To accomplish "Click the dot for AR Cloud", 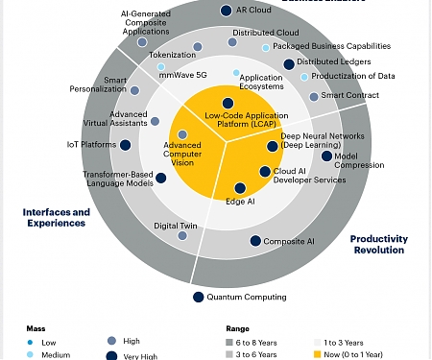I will (x=226, y=11).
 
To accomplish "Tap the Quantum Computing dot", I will (x=198, y=297).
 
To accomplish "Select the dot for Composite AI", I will (x=255, y=242).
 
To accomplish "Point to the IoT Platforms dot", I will (x=126, y=146).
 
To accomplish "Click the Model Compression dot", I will (x=327, y=156).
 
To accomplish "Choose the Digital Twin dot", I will (x=182, y=235).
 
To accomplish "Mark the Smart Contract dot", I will (x=314, y=96).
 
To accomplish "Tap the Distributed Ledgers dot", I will (x=288, y=63).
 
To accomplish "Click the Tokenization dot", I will (x=198, y=46).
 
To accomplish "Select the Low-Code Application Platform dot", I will (x=228, y=103).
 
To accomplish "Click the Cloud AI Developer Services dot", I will (x=265, y=172).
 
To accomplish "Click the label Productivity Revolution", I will (x=378, y=244).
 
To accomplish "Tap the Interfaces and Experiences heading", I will (x=55, y=217).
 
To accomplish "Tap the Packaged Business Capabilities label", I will (x=331, y=45).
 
